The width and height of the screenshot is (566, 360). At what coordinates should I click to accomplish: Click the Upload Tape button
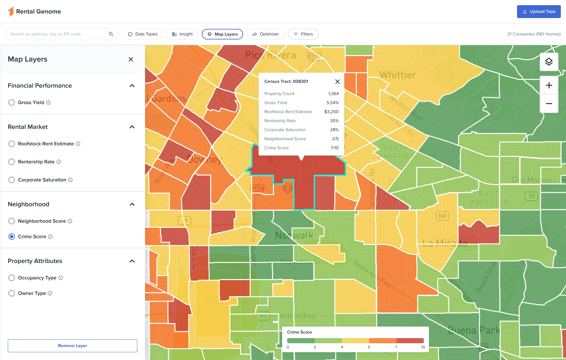tap(539, 12)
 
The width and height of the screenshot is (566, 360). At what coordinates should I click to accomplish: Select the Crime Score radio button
tap(12, 237)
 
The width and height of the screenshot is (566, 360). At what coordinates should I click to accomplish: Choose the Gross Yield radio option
tap(12, 102)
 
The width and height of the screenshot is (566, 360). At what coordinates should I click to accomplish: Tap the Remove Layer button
tap(73, 346)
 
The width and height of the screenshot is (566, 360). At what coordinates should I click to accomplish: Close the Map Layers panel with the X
tap(131, 59)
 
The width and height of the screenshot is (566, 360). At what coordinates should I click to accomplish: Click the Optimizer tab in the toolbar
tap(265, 34)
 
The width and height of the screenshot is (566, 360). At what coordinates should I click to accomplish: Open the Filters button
tap(303, 34)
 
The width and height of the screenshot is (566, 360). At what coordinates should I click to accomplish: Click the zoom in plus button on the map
tap(549, 85)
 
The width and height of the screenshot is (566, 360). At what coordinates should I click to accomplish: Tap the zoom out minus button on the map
tap(549, 104)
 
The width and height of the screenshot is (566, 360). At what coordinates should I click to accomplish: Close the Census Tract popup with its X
tap(337, 82)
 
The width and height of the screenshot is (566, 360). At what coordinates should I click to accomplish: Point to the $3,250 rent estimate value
tap(331, 112)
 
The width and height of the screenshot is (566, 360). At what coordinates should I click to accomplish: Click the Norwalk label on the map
tap(294, 235)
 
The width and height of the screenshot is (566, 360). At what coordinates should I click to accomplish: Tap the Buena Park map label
tap(473, 330)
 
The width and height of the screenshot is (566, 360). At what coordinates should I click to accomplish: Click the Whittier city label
tap(398, 75)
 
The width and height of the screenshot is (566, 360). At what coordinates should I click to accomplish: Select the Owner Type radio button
tap(12, 293)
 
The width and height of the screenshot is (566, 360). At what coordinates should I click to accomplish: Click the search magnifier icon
tap(111, 34)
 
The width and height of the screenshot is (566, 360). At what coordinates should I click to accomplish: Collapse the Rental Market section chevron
tap(132, 127)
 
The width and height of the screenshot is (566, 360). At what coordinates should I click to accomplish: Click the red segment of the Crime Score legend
tap(410, 341)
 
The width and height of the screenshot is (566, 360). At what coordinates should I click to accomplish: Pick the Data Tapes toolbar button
tap(142, 34)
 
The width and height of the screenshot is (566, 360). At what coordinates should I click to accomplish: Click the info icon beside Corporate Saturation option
tap(70, 180)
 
